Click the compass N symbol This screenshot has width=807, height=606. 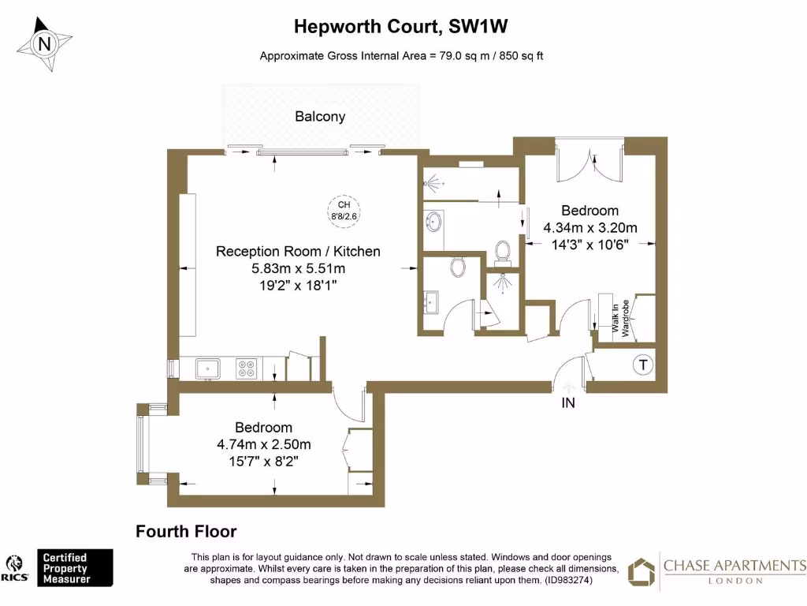(x=45, y=44)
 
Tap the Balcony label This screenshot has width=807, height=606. (x=320, y=117)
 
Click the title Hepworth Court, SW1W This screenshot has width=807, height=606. (x=400, y=26)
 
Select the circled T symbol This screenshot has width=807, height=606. (x=643, y=365)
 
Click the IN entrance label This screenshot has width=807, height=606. (x=567, y=403)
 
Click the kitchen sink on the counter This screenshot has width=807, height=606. (x=208, y=367)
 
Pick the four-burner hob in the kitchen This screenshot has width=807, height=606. (x=247, y=368)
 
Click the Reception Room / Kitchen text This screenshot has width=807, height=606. (x=298, y=252)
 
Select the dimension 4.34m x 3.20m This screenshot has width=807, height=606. (x=590, y=228)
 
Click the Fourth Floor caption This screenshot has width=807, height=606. (x=186, y=532)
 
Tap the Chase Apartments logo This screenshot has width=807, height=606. (x=716, y=571)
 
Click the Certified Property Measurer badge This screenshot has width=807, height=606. (x=76, y=568)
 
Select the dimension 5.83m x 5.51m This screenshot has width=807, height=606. (x=298, y=268)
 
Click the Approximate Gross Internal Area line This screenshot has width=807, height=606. (x=402, y=56)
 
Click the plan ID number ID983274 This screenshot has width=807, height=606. (x=567, y=580)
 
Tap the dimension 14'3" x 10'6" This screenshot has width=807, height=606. (x=590, y=245)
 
